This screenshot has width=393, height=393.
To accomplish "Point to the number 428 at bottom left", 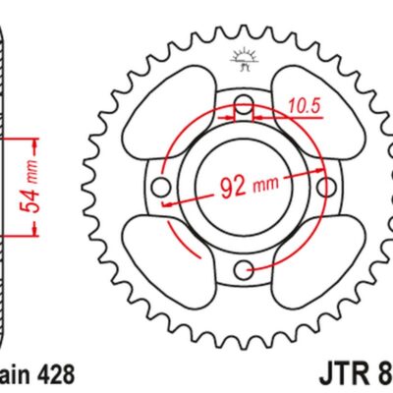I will pos(51,375).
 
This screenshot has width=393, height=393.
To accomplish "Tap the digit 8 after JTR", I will pos(384,375).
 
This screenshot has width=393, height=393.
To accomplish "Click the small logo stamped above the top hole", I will pos(242,59).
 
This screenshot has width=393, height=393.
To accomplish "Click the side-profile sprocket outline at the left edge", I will pos(5,187).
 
